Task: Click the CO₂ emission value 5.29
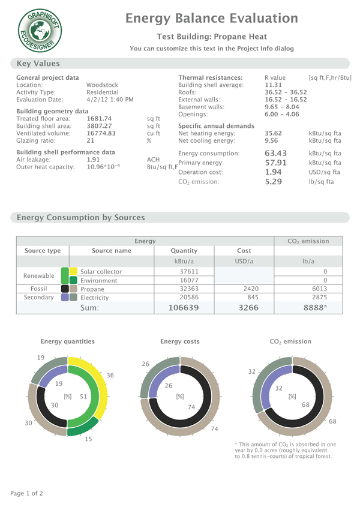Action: click(274, 181)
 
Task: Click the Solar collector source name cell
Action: click(101, 271)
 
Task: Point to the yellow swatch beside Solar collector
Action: click(73, 271)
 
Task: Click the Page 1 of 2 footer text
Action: click(34, 493)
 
